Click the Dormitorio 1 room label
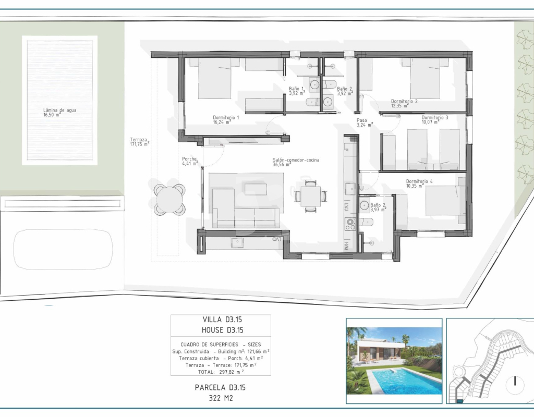click(x=226, y=120)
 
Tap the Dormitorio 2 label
click(x=404, y=104)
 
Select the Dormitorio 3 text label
click(x=435, y=120)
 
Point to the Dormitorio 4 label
click(x=419, y=184)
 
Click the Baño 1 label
click(x=297, y=91)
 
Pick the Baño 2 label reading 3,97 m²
click(x=378, y=207)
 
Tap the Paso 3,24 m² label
click(x=365, y=122)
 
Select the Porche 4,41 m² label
click(x=190, y=161)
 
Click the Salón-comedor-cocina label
click(x=296, y=162)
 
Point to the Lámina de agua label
click(x=59, y=113)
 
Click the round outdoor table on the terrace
click(x=169, y=199)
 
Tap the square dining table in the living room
click(x=310, y=197)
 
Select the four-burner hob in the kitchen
click(x=350, y=224)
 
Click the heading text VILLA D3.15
click(x=222, y=320)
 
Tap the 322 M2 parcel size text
click(x=221, y=398)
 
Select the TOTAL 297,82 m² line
click(x=221, y=372)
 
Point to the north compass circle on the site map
click(x=515, y=382)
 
